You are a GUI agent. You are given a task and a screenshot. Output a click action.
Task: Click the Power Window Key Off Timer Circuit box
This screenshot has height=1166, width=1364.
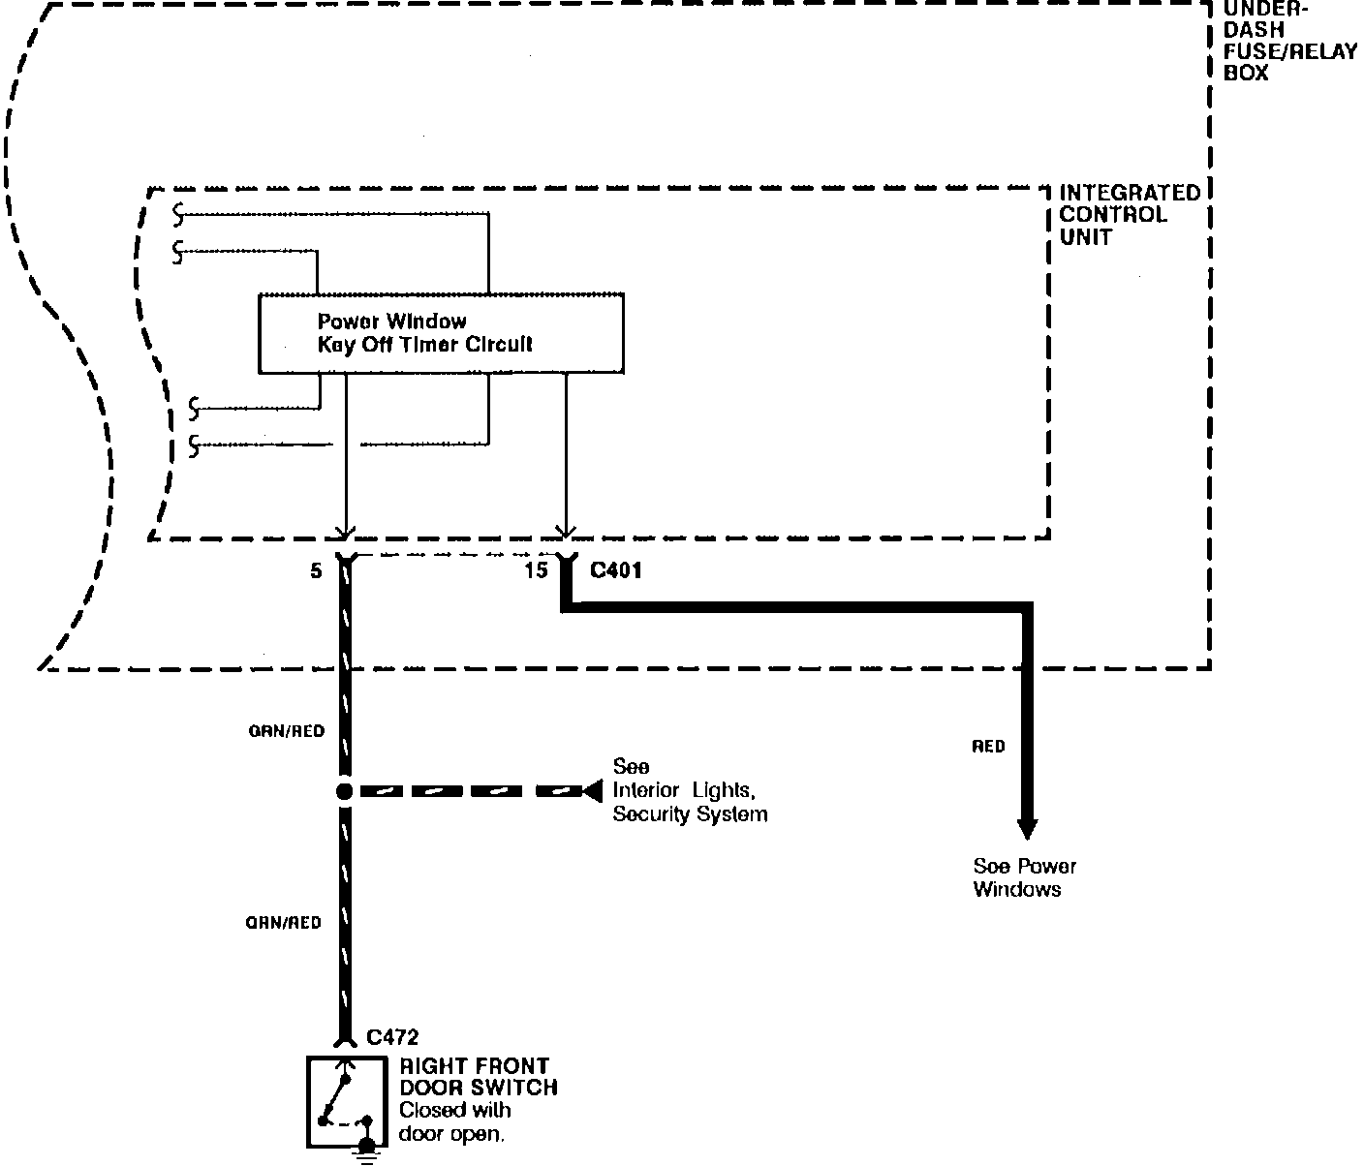pyautogui.click(x=441, y=333)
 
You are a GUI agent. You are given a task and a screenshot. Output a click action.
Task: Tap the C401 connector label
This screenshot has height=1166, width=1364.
pyautogui.click(x=615, y=571)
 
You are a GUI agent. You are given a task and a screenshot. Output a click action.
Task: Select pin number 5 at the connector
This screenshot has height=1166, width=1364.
pyautogui.click(x=316, y=571)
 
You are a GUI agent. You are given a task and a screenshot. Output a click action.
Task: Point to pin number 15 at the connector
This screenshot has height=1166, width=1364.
pyautogui.click(x=536, y=571)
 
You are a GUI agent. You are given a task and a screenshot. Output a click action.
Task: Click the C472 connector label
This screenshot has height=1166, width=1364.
pyautogui.click(x=392, y=1038)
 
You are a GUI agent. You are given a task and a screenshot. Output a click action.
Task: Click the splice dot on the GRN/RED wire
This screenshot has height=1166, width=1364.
pyautogui.click(x=344, y=791)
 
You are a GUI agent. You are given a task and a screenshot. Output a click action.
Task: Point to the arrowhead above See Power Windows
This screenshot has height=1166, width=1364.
pyautogui.click(x=1027, y=829)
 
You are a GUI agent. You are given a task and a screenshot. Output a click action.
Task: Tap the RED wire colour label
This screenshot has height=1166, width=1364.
pyautogui.click(x=989, y=747)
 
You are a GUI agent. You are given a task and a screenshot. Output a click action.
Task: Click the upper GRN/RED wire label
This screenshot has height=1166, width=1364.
pyautogui.click(x=286, y=731)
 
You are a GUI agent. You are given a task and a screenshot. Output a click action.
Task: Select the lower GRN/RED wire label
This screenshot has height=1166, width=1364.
pyautogui.click(x=283, y=923)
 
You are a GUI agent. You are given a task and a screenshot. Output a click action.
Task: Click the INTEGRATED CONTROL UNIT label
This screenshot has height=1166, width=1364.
pyautogui.click(x=1129, y=215)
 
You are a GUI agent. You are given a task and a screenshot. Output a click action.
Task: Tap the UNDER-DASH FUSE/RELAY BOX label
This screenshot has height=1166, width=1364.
pyautogui.click(x=1288, y=41)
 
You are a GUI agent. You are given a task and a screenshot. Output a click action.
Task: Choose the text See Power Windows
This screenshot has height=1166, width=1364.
pyautogui.click(x=1024, y=878)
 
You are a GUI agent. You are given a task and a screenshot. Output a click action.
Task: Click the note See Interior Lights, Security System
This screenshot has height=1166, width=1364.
pyautogui.click(x=689, y=791)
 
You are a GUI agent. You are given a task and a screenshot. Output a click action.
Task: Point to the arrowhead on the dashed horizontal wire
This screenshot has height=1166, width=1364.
pyautogui.click(x=592, y=792)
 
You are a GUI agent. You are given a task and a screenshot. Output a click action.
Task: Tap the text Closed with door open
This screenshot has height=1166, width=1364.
pyautogui.click(x=453, y=1122)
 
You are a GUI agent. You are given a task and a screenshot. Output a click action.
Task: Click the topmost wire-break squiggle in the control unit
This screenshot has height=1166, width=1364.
pyautogui.click(x=177, y=211)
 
